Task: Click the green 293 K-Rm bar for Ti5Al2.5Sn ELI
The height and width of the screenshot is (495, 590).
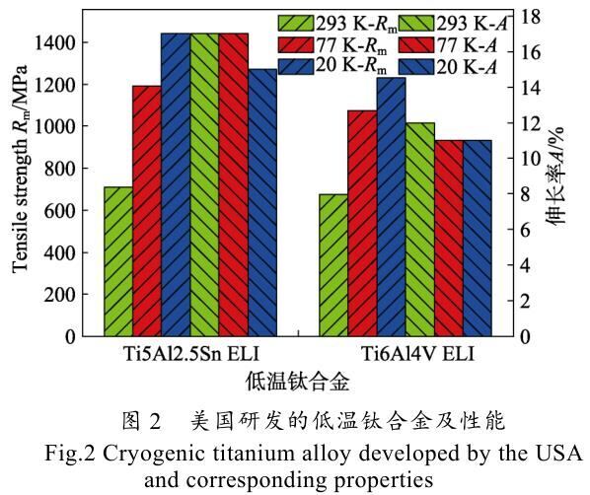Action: pos(118,261)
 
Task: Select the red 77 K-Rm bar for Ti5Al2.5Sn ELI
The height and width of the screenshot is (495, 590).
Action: pos(147,211)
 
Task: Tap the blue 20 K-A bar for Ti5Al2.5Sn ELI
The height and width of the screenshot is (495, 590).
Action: pos(262,203)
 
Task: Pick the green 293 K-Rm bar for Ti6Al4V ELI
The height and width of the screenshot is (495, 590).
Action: pos(333,265)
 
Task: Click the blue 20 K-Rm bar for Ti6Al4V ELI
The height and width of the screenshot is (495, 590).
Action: pos(392,207)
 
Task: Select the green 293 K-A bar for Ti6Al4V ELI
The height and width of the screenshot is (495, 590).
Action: pos(420,230)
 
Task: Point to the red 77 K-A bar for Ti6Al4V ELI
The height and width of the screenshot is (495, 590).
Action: pos(449,238)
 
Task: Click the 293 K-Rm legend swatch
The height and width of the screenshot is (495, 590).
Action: pos(296,23)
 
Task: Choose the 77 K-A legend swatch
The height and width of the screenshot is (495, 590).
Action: pos(416,44)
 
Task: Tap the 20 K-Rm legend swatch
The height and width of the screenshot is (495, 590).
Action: pos(296,67)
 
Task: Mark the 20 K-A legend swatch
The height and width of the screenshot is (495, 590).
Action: pos(416,67)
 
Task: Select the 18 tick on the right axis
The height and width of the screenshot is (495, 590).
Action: pos(530,17)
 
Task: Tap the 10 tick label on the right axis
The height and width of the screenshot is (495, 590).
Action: pos(530,159)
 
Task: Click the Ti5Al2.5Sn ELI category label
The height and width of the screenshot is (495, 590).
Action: pos(191,354)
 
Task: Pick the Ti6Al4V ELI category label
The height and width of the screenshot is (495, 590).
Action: pos(417,354)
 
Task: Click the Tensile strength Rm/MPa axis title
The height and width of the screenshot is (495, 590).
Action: pos(21,169)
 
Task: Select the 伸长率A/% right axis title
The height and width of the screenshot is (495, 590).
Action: pos(556,177)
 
